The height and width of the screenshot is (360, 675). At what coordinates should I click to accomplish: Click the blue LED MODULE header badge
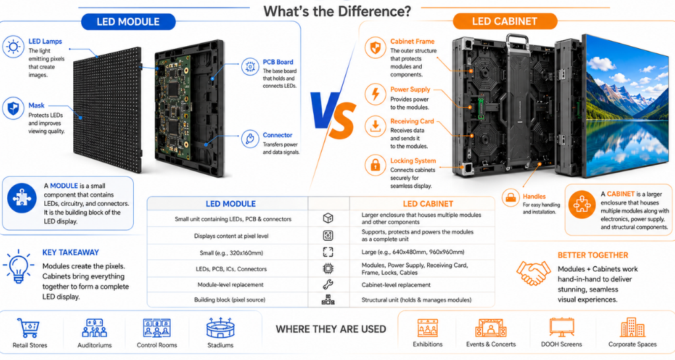click(x=129, y=22)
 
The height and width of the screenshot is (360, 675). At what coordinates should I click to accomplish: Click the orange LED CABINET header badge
click(x=505, y=21)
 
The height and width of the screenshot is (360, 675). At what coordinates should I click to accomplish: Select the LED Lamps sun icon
click(x=13, y=47)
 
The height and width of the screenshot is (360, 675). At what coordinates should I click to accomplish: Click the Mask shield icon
click(x=13, y=108)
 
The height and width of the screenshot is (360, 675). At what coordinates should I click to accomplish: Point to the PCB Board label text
click(x=278, y=62)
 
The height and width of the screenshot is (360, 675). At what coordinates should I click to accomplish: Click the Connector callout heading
click(x=278, y=135)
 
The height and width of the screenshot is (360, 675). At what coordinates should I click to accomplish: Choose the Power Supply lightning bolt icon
click(x=375, y=94)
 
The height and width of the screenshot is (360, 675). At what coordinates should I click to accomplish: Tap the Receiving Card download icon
click(x=375, y=127)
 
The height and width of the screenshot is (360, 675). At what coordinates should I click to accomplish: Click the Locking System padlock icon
click(x=375, y=165)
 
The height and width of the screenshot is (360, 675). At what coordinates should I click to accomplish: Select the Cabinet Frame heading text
click(x=413, y=42)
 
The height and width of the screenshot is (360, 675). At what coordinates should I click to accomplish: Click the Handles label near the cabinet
click(x=534, y=196)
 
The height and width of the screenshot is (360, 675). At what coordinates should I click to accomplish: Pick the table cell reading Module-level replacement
click(x=230, y=285)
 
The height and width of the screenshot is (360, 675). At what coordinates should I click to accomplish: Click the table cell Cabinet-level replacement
click(x=396, y=285)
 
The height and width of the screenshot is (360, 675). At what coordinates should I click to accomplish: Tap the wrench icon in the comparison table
click(x=328, y=284)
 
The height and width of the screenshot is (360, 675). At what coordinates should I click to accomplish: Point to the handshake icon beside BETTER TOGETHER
click(x=533, y=273)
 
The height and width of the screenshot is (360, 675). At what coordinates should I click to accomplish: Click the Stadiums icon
click(x=220, y=328)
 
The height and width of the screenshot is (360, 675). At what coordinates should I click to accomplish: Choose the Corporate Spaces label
click(x=632, y=344)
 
